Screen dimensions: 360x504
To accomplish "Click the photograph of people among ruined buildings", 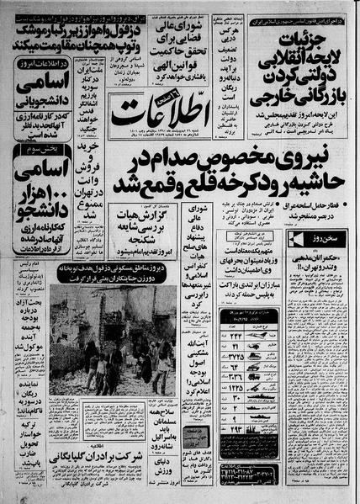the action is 112,341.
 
